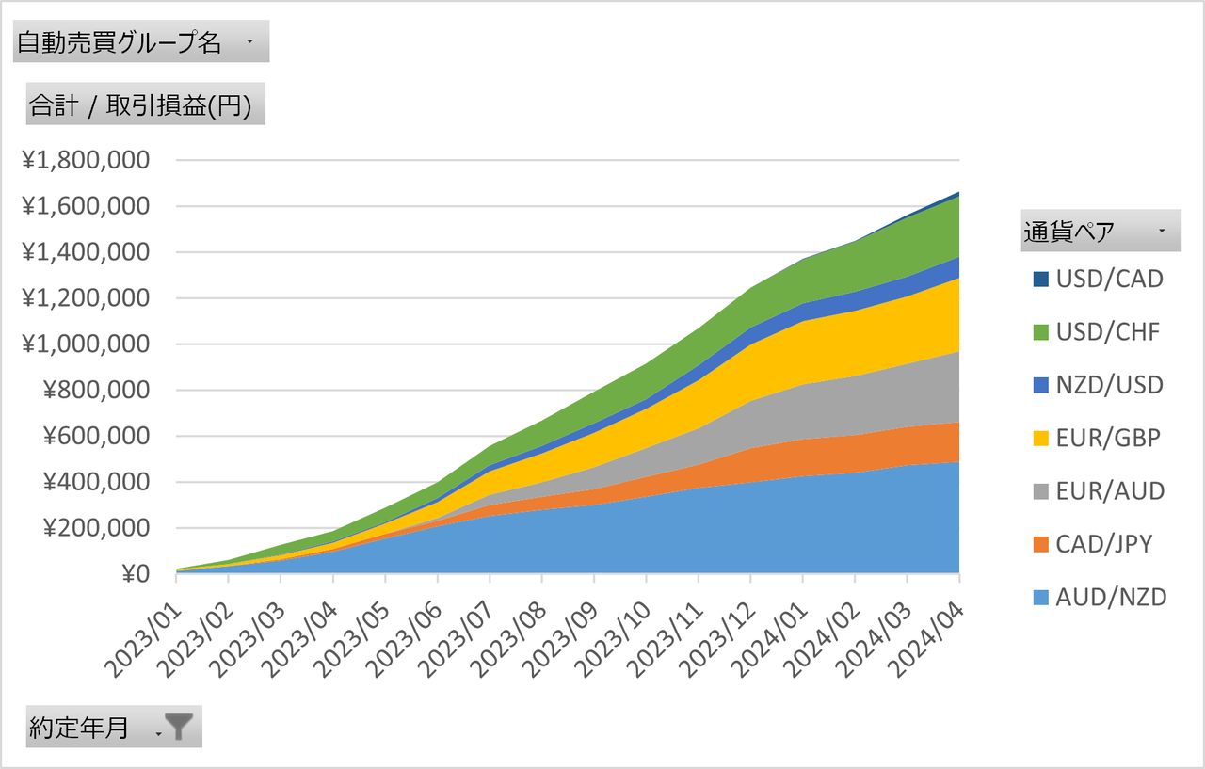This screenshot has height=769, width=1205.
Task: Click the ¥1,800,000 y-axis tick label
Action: tap(86, 160)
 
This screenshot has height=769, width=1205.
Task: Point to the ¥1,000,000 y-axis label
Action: tap(86, 344)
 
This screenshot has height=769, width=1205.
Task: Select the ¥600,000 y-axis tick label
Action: tap(94, 436)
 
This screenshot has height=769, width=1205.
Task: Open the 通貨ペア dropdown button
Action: tap(1161, 231)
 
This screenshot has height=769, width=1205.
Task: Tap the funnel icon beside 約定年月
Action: tap(178, 728)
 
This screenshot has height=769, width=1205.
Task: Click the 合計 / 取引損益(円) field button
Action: tap(141, 104)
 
